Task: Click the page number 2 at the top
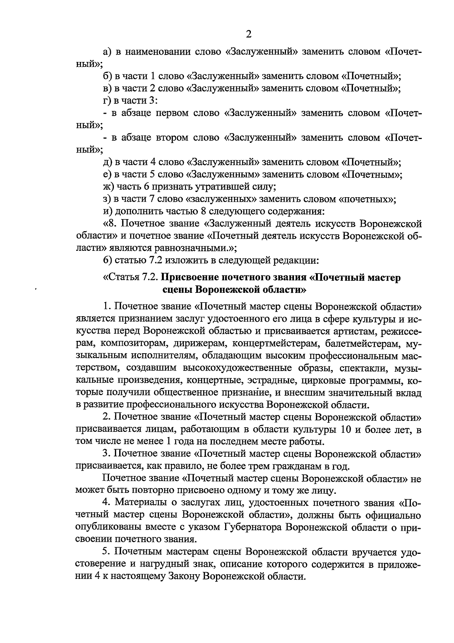(x=249, y=34)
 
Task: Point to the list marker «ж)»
(x=108, y=187)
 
